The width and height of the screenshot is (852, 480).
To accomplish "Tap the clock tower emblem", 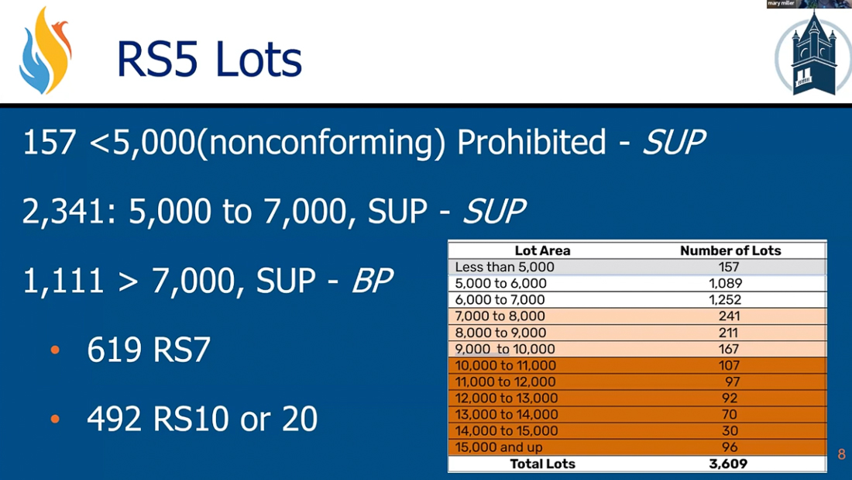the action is pyautogui.click(x=813, y=54).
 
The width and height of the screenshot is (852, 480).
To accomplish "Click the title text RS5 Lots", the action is pyautogui.click(x=209, y=59).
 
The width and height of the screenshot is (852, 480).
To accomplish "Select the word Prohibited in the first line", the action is pyautogui.click(x=531, y=142).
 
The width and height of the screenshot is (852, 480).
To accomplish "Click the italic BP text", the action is pyautogui.click(x=373, y=281).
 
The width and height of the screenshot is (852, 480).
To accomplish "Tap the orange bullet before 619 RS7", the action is pyautogui.click(x=55, y=350).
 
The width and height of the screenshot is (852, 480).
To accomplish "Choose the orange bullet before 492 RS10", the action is pyautogui.click(x=55, y=419).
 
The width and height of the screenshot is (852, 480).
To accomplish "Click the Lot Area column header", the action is pyautogui.click(x=542, y=251).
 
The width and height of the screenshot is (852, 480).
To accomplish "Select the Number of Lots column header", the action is pyautogui.click(x=730, y=251).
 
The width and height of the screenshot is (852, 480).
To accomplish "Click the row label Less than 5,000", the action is pyautogui.click(x=504, y=268).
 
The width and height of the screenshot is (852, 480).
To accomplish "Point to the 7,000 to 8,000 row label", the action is pyautogui.click(x=500, y=316).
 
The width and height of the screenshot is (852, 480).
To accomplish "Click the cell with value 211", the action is pyautogui.click(x=729, y=333).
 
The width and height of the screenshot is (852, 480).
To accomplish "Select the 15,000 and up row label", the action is pyautogui.click(x=498, y=447).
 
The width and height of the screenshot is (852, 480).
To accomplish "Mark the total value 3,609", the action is pyautogui.click(x=728, y=464).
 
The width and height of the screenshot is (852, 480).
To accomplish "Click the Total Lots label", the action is pyautogui.click(x=542, y=464).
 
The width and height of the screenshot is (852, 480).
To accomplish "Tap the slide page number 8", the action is pyautogui.click(x=841, y=454).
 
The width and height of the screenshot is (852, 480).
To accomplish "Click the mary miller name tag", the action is pyautogui.click(x=781, y=3).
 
